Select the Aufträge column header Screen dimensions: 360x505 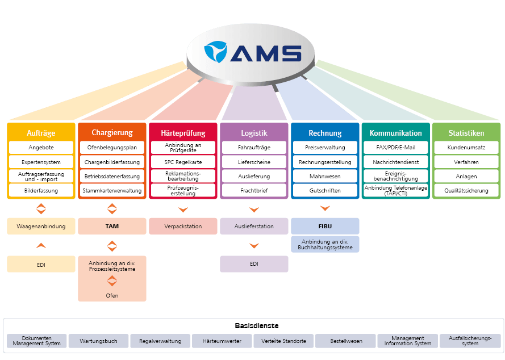coord(41,133)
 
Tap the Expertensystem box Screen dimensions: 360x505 coord(41,162)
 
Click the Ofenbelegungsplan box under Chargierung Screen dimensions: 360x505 coord(112,148)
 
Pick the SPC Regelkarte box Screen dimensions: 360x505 coord(183,162)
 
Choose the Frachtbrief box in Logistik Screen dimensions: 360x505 coord(254,191)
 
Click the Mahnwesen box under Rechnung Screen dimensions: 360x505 coord(325,177)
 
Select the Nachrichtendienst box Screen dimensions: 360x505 coord(396,162)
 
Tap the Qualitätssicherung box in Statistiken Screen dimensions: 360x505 coord(466,191)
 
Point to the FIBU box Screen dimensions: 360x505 coord(325,226)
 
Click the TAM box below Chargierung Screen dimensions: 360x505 coord(112,226)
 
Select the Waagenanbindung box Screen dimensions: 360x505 coord(41,226)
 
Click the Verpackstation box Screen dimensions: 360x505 coord(183,226)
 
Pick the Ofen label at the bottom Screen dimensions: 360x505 coord(112,295)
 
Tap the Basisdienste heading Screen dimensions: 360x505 coord(252,325)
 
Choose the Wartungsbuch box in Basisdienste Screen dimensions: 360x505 coord(99,341)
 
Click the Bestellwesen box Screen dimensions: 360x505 coord(347,341)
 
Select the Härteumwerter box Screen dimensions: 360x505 coord(222,341)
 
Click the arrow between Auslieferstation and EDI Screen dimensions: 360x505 coord(254,246)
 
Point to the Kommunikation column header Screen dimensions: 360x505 coord(396,133)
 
